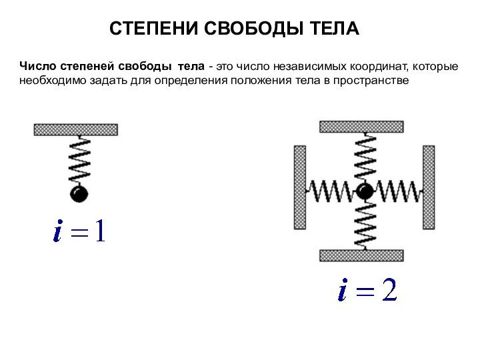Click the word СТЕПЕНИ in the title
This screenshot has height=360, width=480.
154,29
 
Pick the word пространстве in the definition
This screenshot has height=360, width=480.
371,81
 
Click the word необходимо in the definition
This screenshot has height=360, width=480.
53,81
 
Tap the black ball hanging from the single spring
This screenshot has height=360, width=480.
79,193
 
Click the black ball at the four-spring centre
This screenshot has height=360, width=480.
365,191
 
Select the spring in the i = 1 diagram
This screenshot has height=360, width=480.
79,160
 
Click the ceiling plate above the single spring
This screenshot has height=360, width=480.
76,129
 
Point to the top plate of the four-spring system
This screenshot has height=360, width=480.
361,127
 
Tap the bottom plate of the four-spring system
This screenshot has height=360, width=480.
361,255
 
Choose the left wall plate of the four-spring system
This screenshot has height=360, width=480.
300,187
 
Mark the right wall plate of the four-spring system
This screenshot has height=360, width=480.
429,187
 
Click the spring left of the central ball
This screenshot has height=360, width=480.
331,191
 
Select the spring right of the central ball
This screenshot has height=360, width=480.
398,191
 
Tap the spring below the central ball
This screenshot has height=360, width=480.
365,225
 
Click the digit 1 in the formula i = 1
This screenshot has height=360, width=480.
101,231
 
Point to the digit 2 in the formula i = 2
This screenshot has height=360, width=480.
389,289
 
